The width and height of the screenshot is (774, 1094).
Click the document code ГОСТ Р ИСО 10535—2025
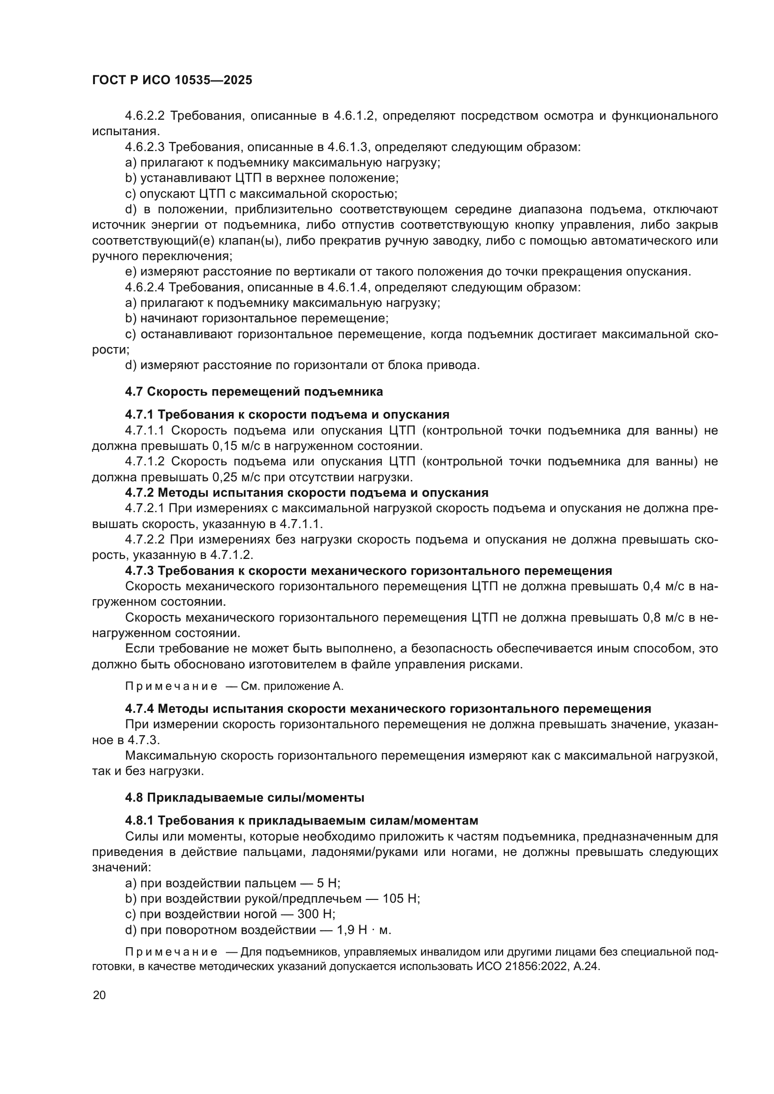(x=172, y=80)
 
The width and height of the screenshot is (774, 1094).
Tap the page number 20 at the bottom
(x=99, y=995)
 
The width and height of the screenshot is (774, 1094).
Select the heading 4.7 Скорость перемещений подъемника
(x=254, y=391)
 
